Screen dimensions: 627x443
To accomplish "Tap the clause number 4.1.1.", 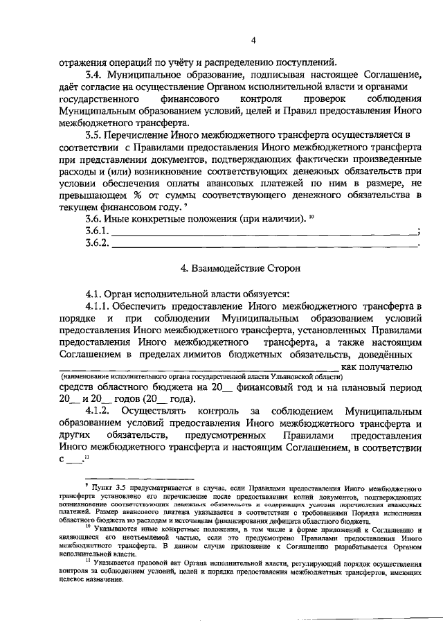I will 98,305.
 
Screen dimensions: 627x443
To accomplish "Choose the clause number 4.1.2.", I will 98,412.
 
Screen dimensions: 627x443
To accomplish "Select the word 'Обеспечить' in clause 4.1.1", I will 144,305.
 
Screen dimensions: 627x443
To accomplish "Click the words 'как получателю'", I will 377,365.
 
